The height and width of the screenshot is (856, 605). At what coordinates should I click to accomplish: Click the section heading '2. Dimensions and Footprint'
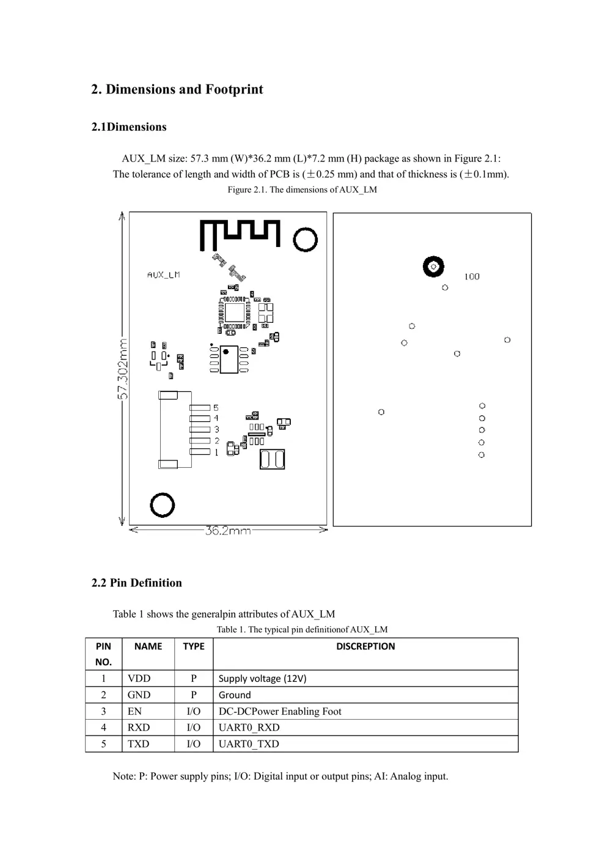tap(177, 89)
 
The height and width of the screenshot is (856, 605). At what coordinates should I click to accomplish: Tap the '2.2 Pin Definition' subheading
tap(136, 583)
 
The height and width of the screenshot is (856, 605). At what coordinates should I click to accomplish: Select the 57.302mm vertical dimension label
tap(122, 369)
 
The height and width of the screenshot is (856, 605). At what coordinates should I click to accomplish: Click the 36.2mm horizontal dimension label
tap(227, 531)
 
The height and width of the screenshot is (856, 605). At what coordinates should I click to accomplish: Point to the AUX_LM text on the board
tap(163, 275)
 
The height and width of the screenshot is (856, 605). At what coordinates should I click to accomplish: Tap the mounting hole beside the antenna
tap(305, 240)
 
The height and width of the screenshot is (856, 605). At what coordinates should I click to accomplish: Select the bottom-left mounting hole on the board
tap(163, 505)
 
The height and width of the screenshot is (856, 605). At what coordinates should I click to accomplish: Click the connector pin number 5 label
tap(216, 408)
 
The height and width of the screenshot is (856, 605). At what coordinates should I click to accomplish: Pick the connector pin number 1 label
tap(216, 452)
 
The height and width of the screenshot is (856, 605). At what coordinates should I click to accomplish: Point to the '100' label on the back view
tap(472, 277)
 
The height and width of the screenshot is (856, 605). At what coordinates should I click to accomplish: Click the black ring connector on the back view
tap(433, 267)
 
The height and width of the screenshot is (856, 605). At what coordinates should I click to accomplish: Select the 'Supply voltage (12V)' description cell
tap(263, 678)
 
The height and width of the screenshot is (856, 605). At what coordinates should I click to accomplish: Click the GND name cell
tap(139, 695)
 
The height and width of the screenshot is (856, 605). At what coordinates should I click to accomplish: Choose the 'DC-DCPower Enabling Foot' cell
tap(280, 711)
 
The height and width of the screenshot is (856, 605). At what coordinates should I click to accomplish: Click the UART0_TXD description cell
tap(249, 743)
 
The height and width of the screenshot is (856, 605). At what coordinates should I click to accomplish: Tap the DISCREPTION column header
tap(365, 646)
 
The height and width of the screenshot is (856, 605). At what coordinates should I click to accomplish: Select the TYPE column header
tap(193, 646)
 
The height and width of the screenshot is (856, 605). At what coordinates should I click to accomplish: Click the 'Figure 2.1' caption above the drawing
tap(302, 190)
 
